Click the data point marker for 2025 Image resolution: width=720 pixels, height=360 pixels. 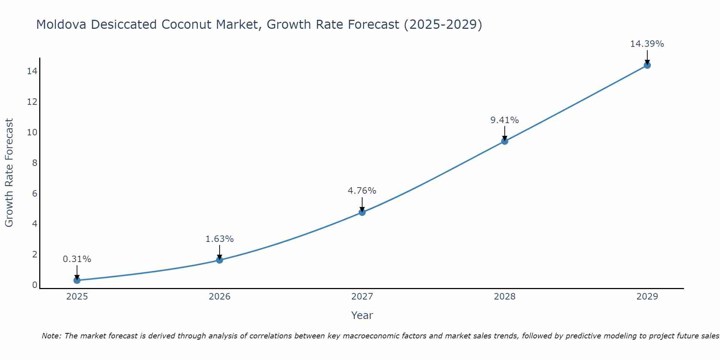[x=77, y=280]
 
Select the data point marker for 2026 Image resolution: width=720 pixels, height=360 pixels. [x=220, y=260]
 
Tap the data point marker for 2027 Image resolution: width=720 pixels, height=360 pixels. [x=362, y=212]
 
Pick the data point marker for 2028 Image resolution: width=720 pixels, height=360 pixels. [x=505, y=141]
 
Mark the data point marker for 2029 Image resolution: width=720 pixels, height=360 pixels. [x=647, y=65]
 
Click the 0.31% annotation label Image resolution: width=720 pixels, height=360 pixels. [x=77, y=259]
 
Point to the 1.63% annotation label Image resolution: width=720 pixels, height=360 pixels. [x=220, y=239]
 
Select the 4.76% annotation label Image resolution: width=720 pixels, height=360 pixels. [x=362, y=191]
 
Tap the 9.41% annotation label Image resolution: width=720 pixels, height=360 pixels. [x=505, y=120]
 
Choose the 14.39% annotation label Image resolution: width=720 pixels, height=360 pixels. [x=647, y=44]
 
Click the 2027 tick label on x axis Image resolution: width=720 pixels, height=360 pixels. [x=362, y=297]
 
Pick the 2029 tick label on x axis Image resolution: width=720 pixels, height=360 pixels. [x=647, y=297]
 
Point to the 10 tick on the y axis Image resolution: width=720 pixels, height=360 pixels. [x=32, y=132]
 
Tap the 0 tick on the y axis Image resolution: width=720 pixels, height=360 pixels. [x=35, y=285]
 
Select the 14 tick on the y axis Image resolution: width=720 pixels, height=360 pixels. [x=32, y=71]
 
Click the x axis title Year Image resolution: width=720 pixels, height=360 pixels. [x=362, y=315]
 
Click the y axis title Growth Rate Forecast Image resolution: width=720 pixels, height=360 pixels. [x=9, y=173]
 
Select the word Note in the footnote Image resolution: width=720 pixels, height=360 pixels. [x=51, y=336]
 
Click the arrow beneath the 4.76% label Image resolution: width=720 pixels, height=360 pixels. [x=362, y=204]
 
